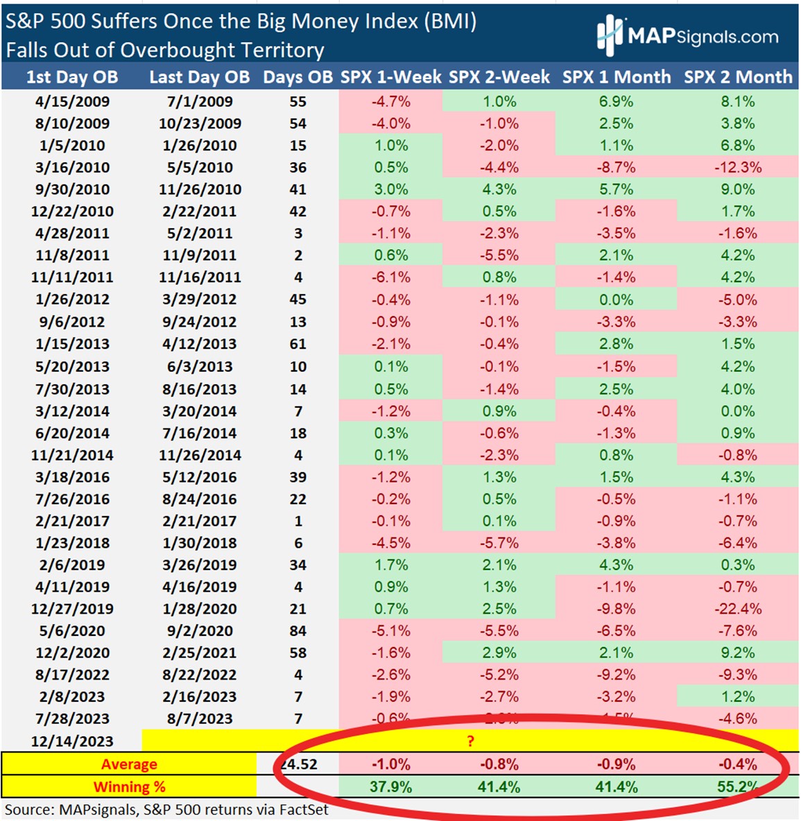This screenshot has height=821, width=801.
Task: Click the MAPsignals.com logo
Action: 687,35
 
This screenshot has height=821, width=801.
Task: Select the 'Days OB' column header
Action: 298,77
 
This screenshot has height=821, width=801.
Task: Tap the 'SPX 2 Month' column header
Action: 738,77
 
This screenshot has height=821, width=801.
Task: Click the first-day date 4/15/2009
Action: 72,101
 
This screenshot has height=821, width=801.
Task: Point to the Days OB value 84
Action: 298,631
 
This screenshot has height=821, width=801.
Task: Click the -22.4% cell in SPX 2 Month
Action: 738,609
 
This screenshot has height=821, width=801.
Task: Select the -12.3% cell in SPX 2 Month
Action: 738,167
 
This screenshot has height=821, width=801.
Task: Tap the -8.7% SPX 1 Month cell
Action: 616,167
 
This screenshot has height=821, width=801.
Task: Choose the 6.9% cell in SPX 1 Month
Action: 616,101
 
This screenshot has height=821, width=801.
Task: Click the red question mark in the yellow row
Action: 470,741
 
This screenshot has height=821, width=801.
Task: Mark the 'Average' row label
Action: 129,764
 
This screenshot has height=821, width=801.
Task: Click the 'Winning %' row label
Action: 129,787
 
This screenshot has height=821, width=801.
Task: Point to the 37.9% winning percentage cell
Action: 391,787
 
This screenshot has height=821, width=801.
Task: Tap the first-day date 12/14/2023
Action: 72,741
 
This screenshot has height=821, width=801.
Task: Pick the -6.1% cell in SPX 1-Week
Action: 391,277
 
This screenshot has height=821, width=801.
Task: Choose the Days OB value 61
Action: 298,344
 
